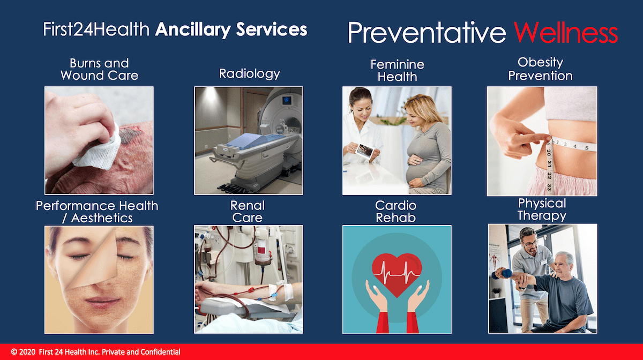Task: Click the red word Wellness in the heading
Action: pos(566,33)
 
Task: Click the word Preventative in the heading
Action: pos(427,33)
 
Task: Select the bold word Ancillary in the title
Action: pos(192,29)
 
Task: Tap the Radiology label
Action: pos(249,74)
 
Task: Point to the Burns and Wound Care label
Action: pos(99,69)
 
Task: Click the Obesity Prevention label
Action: pos(541,69)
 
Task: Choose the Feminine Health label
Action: pos(397,71)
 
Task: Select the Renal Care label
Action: pos(247,212)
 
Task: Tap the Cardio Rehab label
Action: pos(395,212)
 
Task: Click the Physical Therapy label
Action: pos(542,209)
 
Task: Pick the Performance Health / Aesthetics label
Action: pos(97,212)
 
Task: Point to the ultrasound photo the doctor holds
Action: pos(365,151)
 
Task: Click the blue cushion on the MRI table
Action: pos(250,141)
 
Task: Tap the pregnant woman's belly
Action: pos(419,169)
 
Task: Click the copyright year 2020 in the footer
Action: pos(27,352)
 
